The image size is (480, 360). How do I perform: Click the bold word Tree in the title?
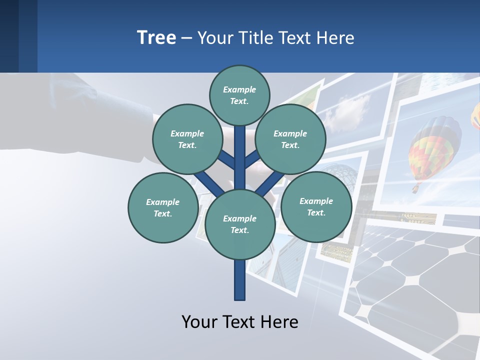point(156,38)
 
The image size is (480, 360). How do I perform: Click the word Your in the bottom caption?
point(200,321)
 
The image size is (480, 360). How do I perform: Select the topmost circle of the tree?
point(239,95)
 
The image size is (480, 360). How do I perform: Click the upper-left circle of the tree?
point(187,139)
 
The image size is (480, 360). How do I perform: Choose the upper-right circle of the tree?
point(290,139)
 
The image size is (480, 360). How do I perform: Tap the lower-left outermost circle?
point(162,207)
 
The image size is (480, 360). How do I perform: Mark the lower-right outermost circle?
point(316,206)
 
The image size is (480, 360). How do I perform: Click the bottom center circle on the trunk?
point(240,224)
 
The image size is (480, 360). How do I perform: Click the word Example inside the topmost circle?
point(239,89)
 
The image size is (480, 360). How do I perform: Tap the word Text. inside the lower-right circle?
point(316,212)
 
